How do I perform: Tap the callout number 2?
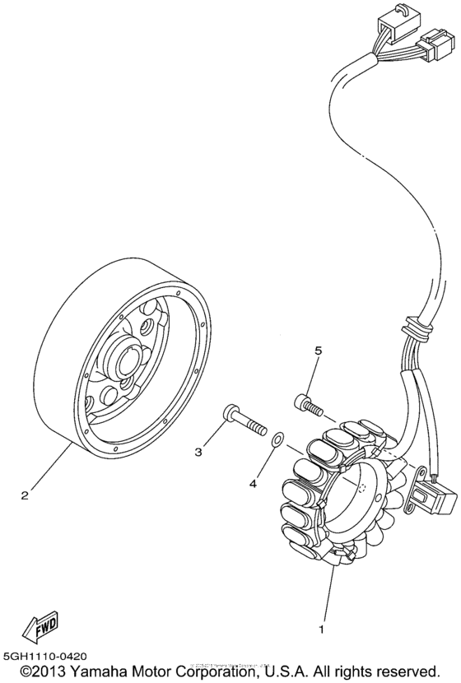click(x=25, y=495)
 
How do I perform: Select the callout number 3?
click(x=198, y=452)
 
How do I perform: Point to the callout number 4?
click(x=254, y=484)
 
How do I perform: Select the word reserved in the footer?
click(x=414, y=671)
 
